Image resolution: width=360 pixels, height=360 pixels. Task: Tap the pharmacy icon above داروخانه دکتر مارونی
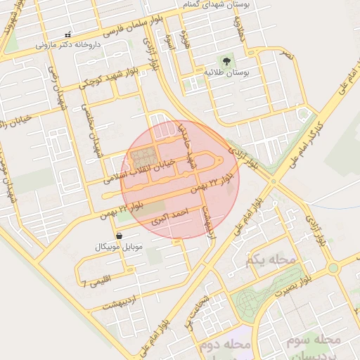point(67,34)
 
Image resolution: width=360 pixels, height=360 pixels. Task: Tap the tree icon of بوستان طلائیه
point(226,61)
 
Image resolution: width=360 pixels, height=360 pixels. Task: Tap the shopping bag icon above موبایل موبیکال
point(118,236)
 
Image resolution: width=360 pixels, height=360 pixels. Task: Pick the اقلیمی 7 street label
point(96,283)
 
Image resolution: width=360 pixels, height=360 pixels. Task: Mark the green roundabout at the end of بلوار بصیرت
point(333,268)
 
